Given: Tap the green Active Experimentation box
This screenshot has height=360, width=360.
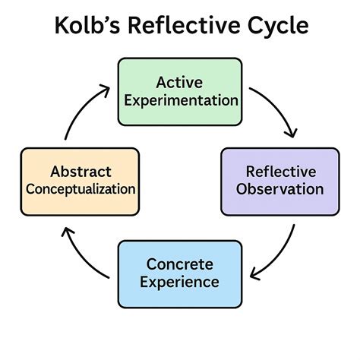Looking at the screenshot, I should point(180,91).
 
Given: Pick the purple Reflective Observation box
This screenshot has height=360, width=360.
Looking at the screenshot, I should point(279,180).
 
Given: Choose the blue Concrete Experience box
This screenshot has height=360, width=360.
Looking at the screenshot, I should point(180,273).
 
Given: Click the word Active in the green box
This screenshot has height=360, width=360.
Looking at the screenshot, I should point(180,81).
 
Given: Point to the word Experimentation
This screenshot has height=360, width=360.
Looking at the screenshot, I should point(180,99).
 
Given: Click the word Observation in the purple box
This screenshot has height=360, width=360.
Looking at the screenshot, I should point(279,189).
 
